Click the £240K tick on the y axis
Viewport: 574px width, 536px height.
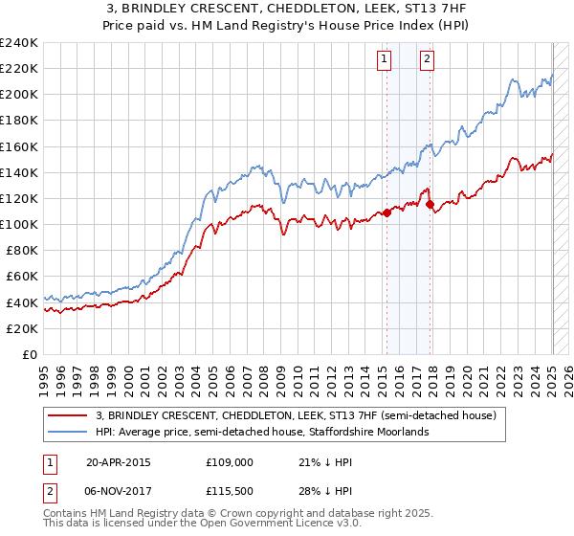18,43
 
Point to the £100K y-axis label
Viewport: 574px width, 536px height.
18,224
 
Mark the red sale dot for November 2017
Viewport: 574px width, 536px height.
430,204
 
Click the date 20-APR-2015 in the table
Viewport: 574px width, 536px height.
119,461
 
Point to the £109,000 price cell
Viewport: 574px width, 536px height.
230,461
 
